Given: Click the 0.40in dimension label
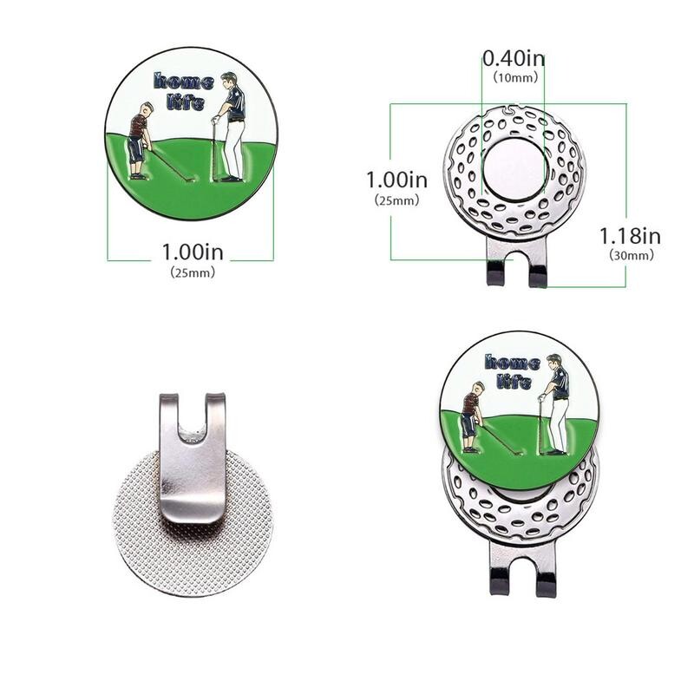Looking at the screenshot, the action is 514,58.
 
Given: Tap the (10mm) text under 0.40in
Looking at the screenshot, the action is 515,78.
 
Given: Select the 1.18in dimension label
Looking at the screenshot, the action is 630,236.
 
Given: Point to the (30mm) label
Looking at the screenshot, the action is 632,255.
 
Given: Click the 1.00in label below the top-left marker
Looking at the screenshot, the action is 193,252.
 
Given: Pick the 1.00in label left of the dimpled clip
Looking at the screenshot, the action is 397,180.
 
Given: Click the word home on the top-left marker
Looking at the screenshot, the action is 184,82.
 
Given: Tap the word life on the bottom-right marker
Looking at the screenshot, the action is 514,381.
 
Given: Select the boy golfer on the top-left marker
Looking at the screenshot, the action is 140,141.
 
